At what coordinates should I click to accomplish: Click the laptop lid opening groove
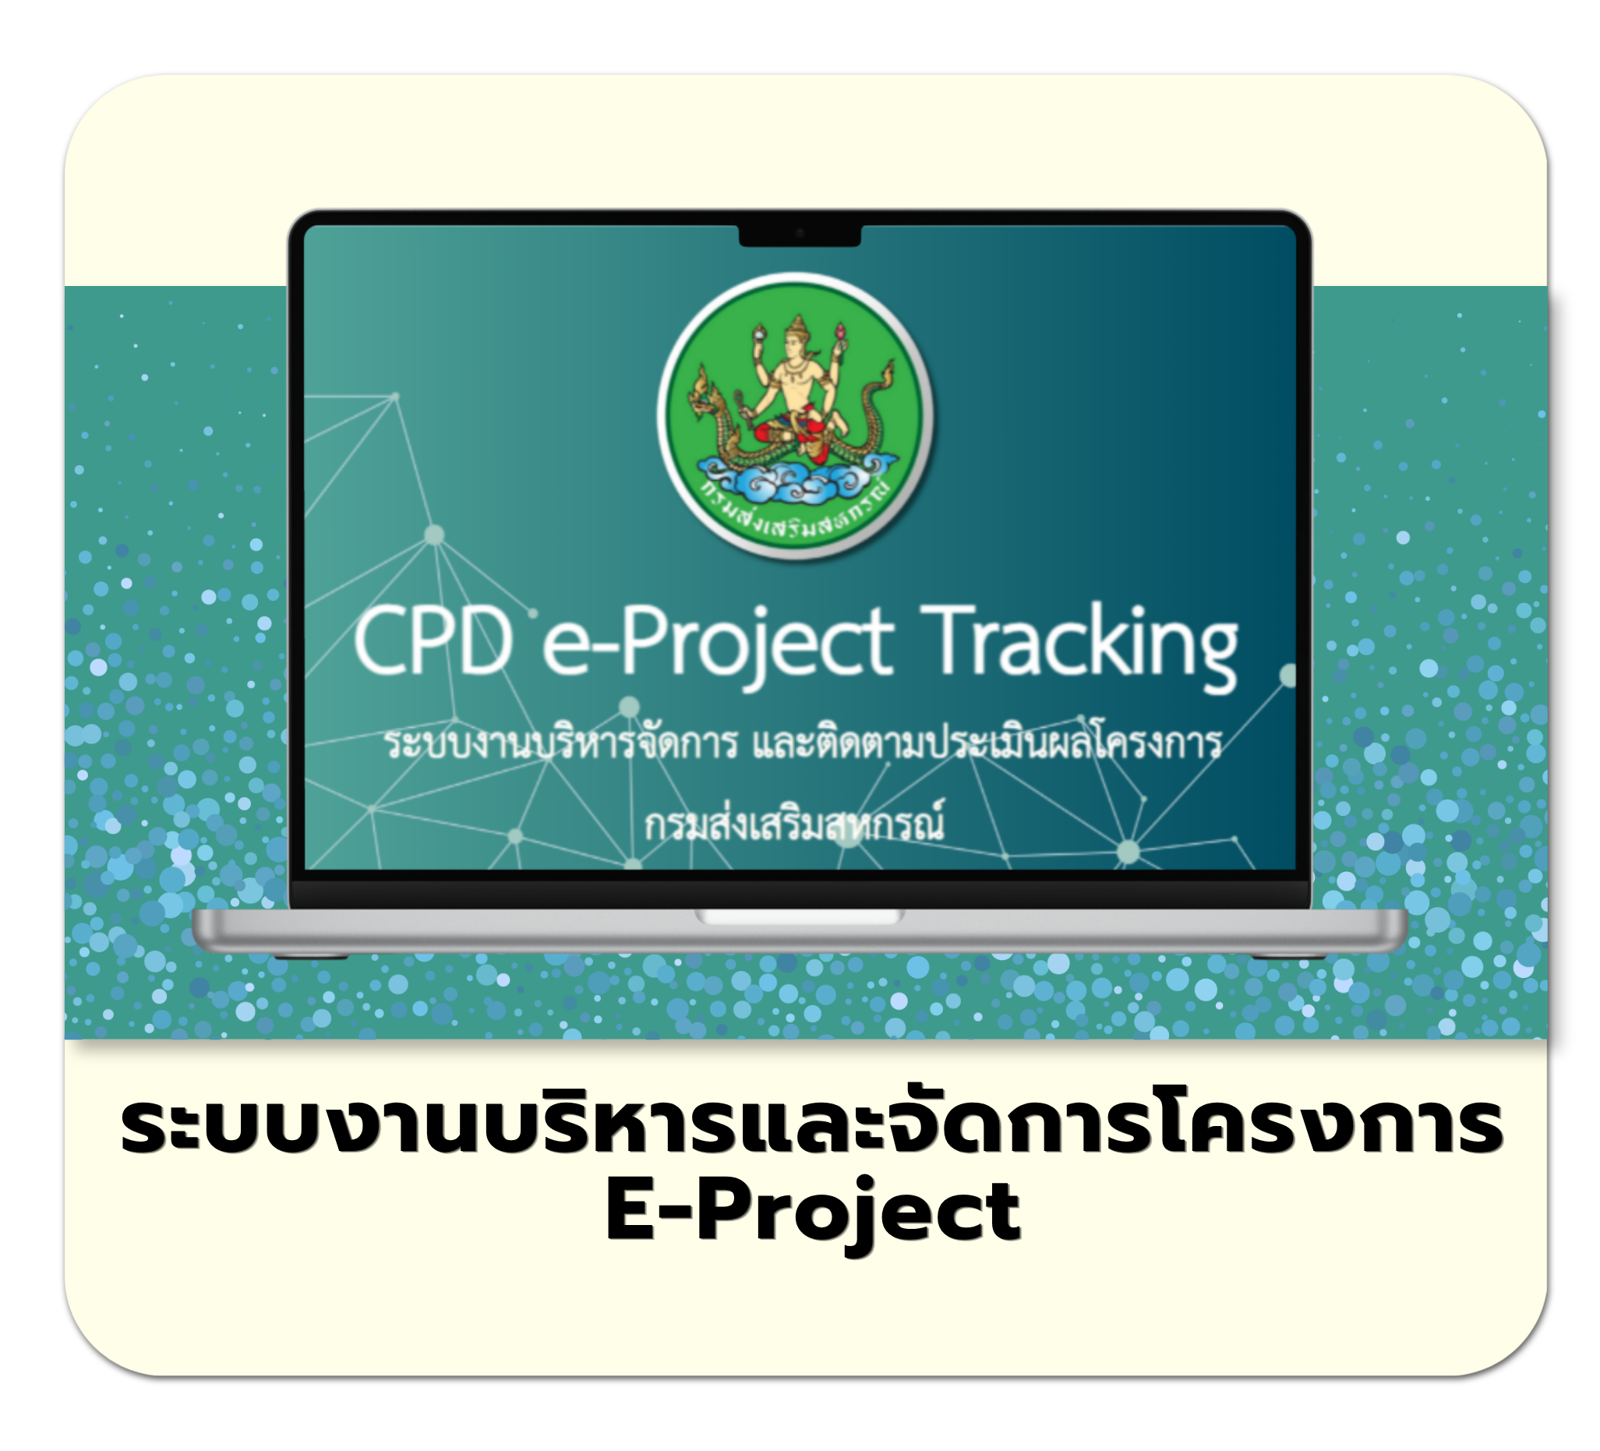pyautogui.click(x=799, y=916)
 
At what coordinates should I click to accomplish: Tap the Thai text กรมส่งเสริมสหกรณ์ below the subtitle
pyautogui.click(x=794, y=824)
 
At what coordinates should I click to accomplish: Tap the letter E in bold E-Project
pyautogui.click(x=631, y=1211)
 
